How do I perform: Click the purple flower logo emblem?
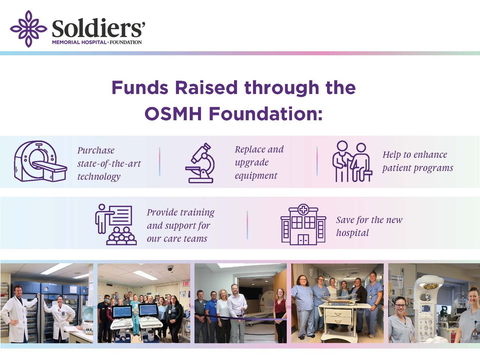[28, 28]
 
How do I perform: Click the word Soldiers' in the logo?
[98, 28]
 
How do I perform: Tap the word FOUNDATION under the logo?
[126, 42]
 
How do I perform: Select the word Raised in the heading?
[206, 87]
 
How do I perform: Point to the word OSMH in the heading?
[173, 114]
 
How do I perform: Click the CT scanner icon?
[40, 161]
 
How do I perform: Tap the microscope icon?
[199, 163]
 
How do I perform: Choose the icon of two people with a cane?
[352, 161]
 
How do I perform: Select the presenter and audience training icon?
[115, 225]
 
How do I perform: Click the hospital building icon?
[303, 225]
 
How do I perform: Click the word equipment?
[256, 176]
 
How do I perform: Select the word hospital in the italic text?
[352, 233]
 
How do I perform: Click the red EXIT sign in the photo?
[186, 284]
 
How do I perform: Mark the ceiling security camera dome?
[170, 268]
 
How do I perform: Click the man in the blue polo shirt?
[211, 316]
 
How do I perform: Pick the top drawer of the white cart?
[338, 313]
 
